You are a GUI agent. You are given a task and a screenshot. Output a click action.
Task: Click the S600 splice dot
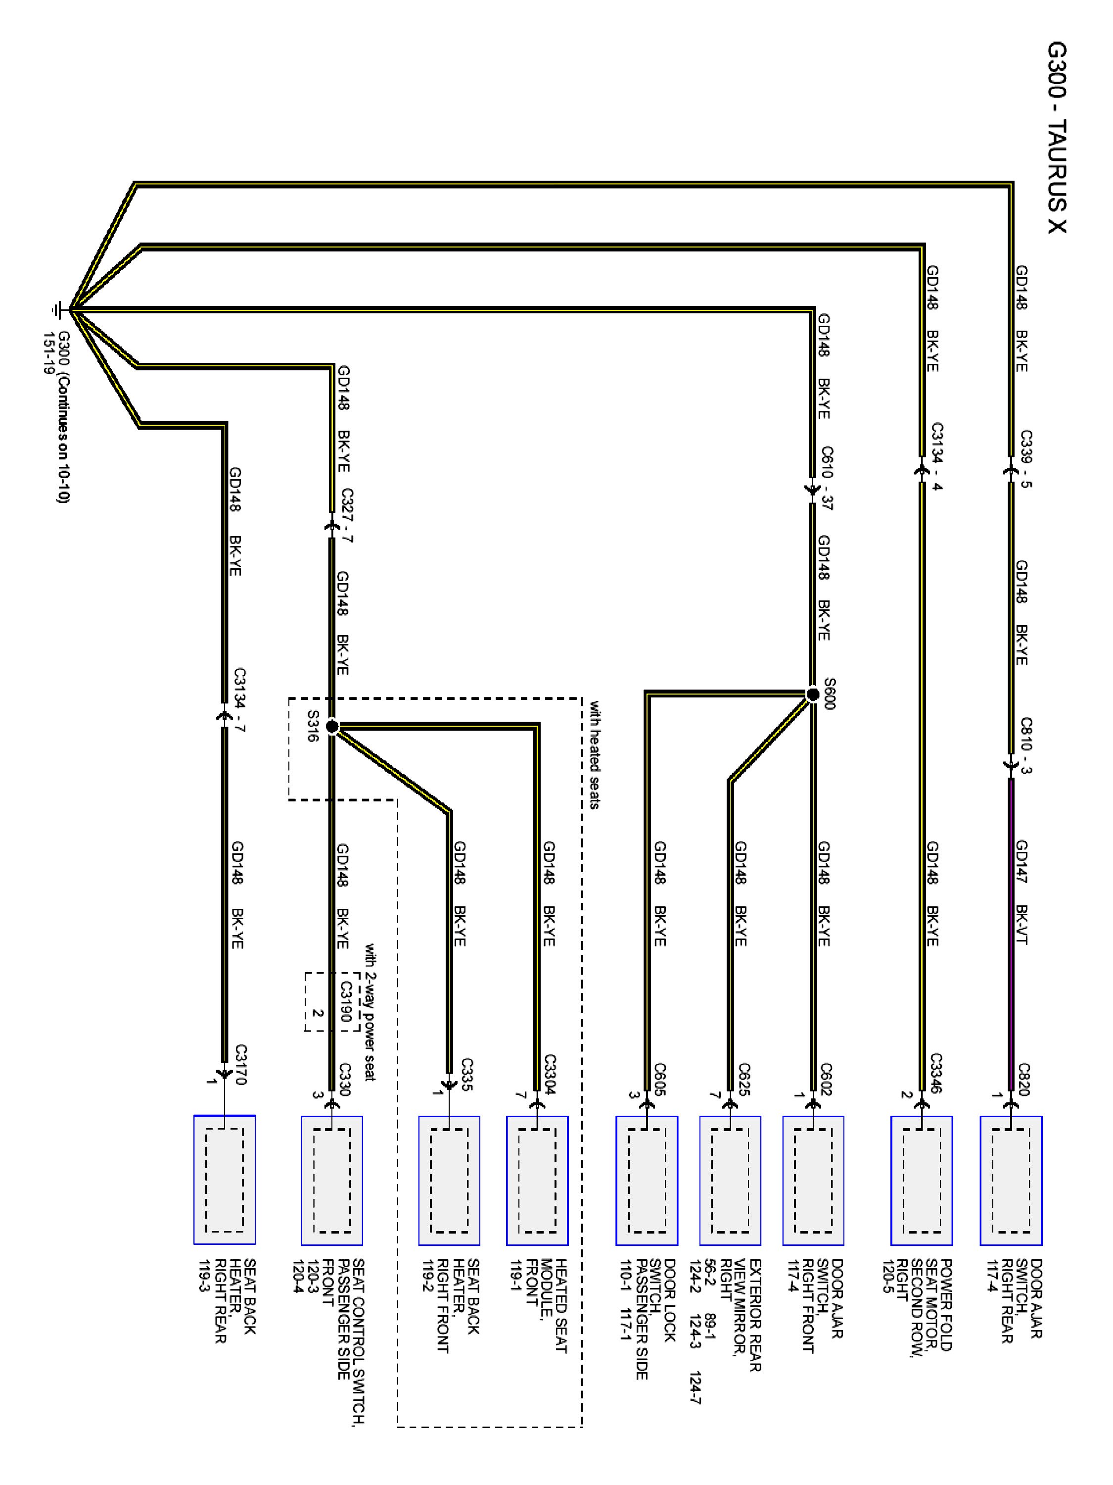(x=812, y=693)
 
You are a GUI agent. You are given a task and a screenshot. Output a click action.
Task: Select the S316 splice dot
(x=331, y=726)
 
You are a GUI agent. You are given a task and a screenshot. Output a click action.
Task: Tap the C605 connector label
(x=660, y=1079)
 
